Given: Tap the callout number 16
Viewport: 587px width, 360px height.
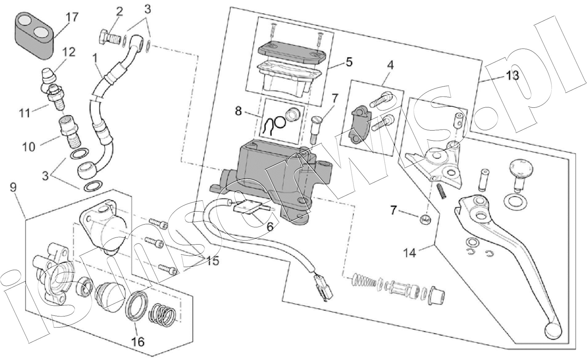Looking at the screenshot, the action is pyautogui.click(x=138, y=341).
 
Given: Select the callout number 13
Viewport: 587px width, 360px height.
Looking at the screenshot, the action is pyautogui.click(x=512, y=75).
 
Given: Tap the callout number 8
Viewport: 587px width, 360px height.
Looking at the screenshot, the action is pyautogui.click(x=238, y=111).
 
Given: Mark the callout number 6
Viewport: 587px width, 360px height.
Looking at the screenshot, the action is pyautogui.click(x=270, y=227).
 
